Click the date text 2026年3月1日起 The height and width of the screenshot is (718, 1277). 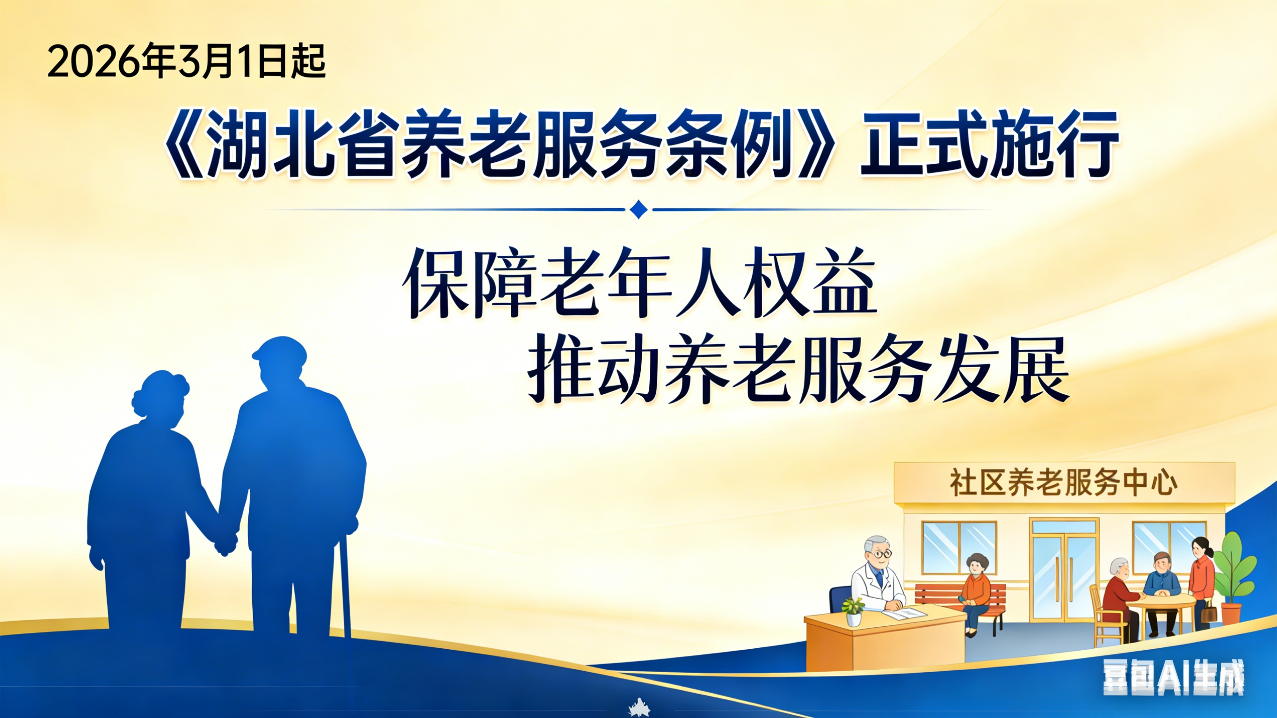(x=186, y=61)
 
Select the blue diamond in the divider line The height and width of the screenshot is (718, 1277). (x=638, y=209)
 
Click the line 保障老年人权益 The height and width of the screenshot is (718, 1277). (x=639, y=283)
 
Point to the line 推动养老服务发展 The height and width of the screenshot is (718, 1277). (x=798, y=370)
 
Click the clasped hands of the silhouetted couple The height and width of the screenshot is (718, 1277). (x=225, y=543)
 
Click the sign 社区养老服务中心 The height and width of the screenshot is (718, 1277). (x=1063, y=482)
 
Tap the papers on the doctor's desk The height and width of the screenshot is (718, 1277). (x=904, y=613)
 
